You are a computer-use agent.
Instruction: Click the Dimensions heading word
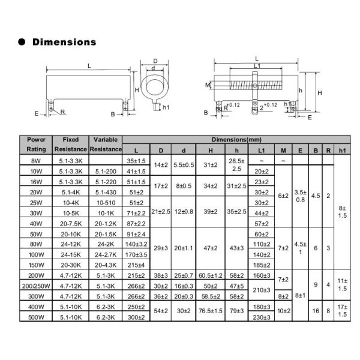(x=64, y=42)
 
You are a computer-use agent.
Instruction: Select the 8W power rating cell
(x=36, y=161)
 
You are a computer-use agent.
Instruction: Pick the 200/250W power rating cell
(x=36, y=286)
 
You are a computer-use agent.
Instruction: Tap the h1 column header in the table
(x=342, y=149)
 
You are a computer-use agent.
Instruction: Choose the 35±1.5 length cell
(x=137, y=161)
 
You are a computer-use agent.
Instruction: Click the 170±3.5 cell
(x=137, y=255)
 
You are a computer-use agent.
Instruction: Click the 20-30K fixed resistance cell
(x=71, y=265)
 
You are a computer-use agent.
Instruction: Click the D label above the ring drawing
(x=155, y=61)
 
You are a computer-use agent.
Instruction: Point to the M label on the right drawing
(x=207, y=85)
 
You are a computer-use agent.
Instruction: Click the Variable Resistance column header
(x=106, y=144)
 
